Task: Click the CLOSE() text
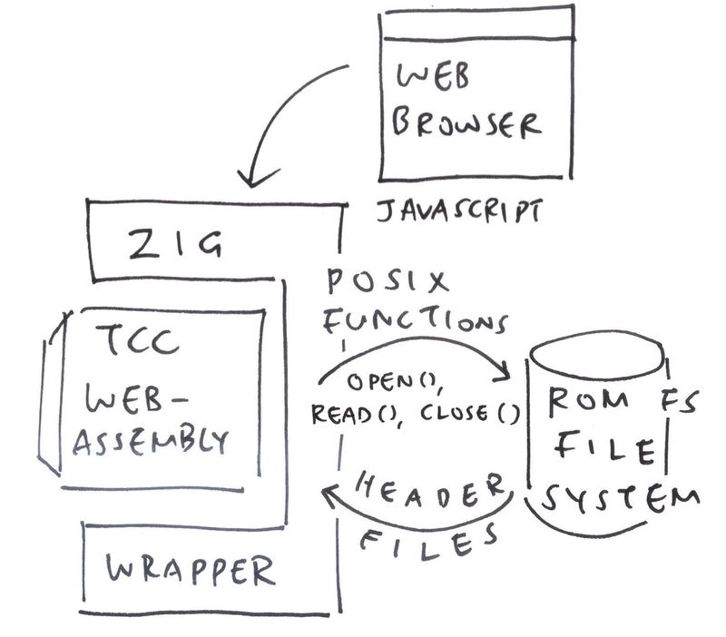pos(468,415)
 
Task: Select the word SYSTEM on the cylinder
pos(617,499)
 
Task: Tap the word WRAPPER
pos(189,571)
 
